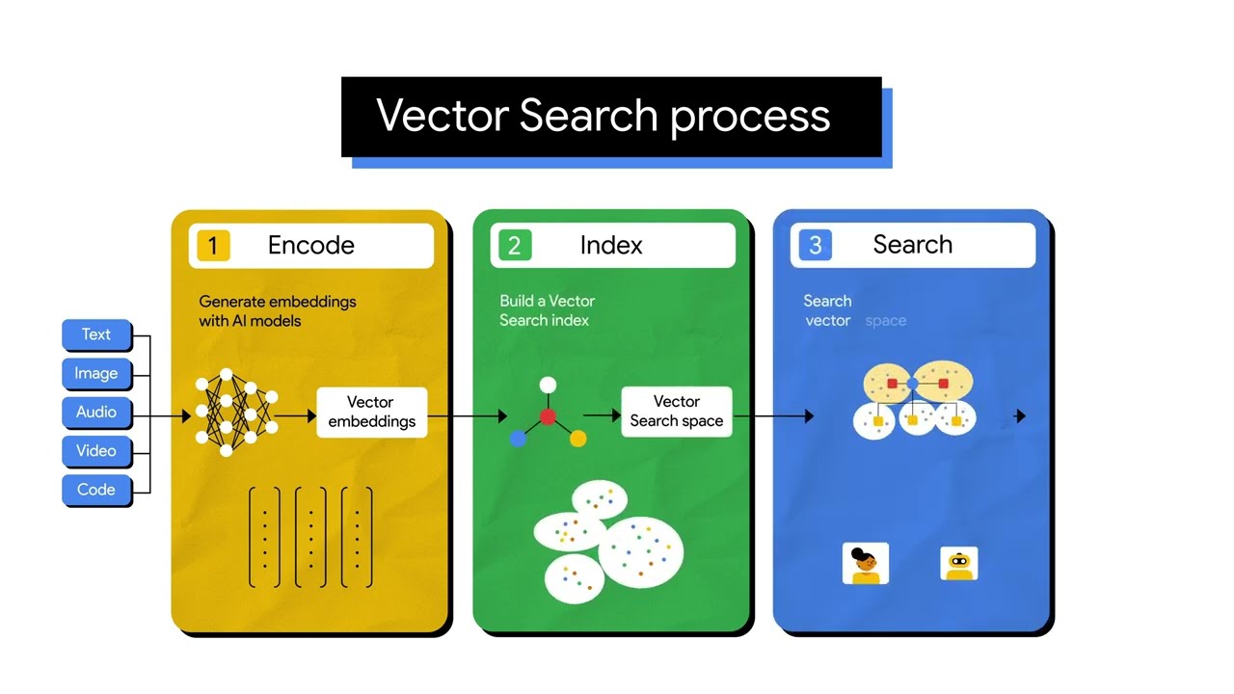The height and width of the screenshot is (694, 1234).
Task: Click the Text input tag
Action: tap(96, 334)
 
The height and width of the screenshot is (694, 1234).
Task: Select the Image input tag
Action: tap(96, 373)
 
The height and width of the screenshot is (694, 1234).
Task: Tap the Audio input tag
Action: tap(96, 412)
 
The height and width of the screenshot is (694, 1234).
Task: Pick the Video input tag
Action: tap(96, 450)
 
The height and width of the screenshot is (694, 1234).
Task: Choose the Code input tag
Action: tap(96, 489)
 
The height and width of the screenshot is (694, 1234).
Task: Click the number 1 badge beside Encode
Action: tap(213, 245)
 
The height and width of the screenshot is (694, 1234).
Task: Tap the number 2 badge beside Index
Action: tap(514, 245)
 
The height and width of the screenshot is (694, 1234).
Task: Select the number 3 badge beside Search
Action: tap(815, 245)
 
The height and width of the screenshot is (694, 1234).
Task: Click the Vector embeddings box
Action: tap(371, 412)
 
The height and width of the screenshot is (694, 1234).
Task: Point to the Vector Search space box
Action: tap(676, 412)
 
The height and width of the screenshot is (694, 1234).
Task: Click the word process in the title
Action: tap(750, 116)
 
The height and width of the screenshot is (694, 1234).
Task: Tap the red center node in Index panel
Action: tap(548, 416)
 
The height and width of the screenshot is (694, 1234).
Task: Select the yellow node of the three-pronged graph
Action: tap(577, 439)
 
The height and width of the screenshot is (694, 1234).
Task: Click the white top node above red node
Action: tap(548, 385)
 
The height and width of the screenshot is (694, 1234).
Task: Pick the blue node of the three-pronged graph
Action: tap(518, 439)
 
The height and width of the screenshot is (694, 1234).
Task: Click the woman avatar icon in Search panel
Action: tap(866, 564)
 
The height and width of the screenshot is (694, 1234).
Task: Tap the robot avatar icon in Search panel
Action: tap(958, 564)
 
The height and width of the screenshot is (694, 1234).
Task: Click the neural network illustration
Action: tap(236, 412)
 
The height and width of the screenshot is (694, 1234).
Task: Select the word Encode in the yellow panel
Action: tap(310, 245)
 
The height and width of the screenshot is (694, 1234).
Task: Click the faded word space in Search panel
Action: tap(885, 321)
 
